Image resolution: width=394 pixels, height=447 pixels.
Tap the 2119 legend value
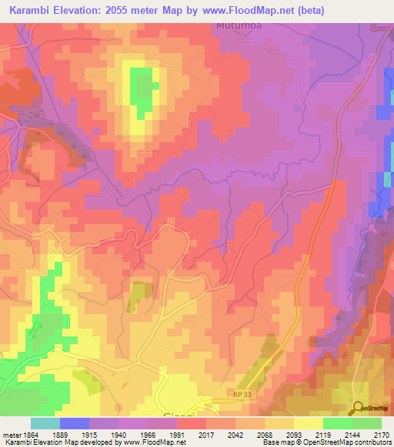[324, 435]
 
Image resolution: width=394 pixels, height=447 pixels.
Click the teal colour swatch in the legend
[45, 423]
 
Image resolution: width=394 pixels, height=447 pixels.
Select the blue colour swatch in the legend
[74, 423]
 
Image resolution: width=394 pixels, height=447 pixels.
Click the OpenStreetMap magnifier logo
[359, 408]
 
